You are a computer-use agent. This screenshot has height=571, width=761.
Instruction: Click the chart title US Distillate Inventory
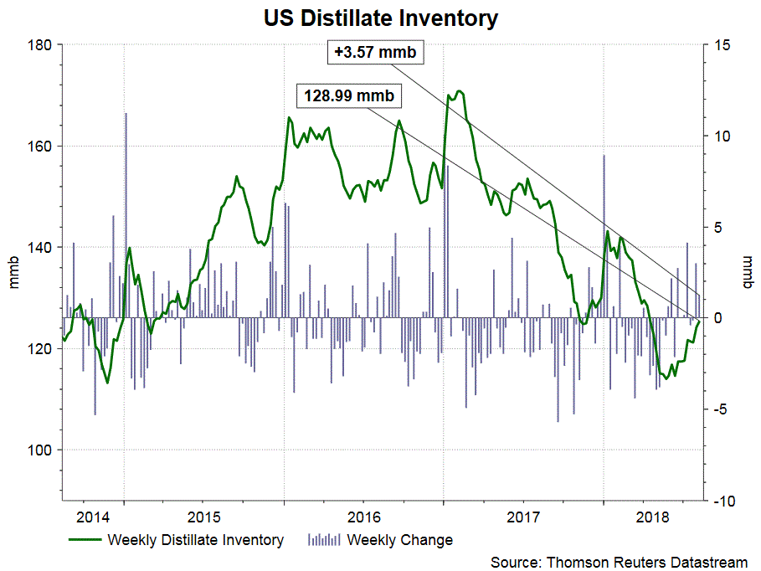tap(380, 17)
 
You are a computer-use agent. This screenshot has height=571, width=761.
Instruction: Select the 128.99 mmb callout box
tap(347, 95)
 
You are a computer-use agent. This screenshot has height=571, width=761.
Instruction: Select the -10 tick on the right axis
tap(721, 501)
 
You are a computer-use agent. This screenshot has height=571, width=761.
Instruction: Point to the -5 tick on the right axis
tap(721, 409)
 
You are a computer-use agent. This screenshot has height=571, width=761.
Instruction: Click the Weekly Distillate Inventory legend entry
tap(195, 540)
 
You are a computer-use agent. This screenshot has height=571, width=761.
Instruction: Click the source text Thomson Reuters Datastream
tap(619, 561)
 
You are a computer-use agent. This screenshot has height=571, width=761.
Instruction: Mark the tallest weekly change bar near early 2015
tap(126, 114)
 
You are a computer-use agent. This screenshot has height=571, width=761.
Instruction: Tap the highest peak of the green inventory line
tap(460, 90)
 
